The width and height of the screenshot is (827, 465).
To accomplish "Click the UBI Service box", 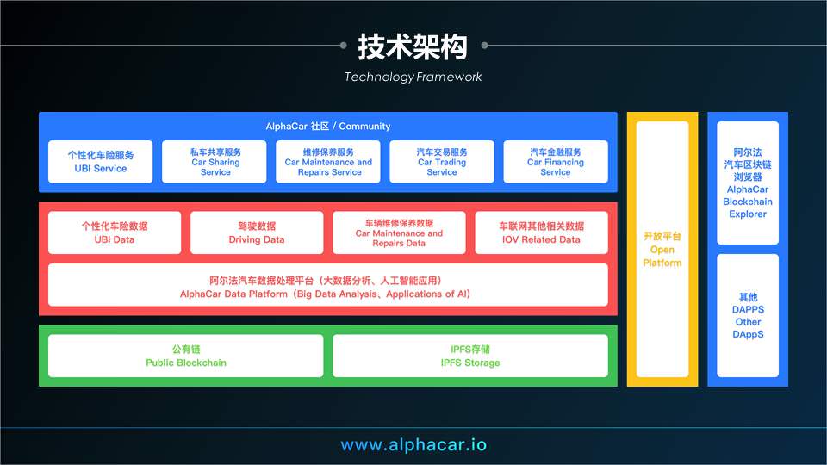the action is point(100,162).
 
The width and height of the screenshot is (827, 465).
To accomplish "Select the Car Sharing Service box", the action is point(215,162).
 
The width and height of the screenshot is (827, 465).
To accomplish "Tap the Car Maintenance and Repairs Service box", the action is point(328,162).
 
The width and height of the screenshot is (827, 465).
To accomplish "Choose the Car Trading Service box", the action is point(442,162).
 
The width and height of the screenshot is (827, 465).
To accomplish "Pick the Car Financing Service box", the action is point(556,162).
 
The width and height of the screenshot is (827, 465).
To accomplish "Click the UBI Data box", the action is point(115,232).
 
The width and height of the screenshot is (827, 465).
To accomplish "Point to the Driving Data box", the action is point(257,232).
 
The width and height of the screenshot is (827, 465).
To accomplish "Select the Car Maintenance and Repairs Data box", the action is point(399,232).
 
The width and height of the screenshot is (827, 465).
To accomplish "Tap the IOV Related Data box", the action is point(542,232).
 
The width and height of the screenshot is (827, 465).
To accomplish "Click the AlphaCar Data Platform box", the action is point(328,285).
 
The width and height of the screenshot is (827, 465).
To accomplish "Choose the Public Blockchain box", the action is point(186,356).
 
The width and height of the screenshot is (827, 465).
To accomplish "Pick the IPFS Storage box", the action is point(470,356).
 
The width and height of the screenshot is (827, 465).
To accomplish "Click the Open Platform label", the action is point(662,250).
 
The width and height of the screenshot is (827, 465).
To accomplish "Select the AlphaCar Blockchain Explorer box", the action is point(748,183).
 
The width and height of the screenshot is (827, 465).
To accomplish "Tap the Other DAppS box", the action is point(748,316).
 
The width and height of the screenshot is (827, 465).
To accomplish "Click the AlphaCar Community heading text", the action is point(328,127).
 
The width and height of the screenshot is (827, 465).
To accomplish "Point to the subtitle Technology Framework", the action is point(413,77).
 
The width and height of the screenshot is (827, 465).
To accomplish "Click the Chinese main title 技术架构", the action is point(413,46).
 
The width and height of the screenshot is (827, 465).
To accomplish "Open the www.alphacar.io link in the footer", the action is point(413,445).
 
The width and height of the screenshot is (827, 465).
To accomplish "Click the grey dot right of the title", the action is point(485,46).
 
